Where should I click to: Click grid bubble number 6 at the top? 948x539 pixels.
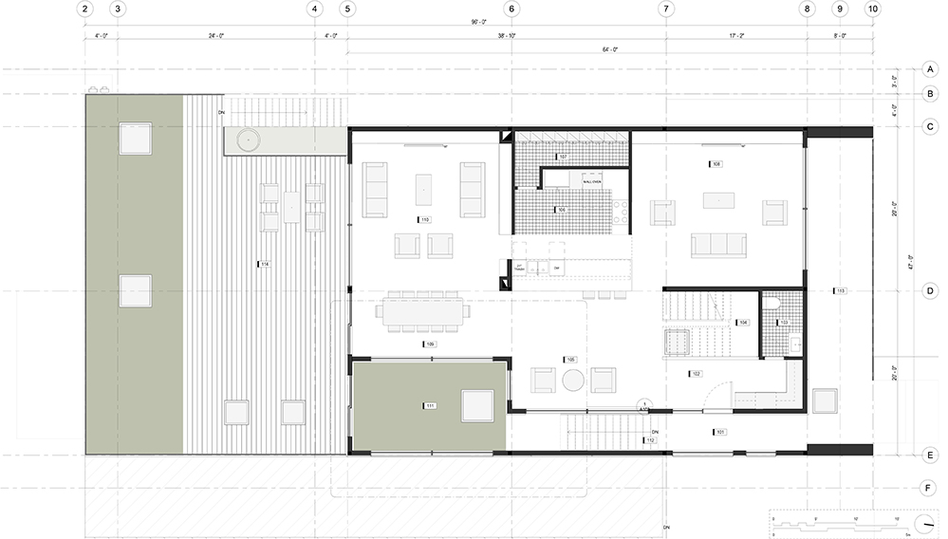coord(511,9)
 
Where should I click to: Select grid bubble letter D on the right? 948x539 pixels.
coord(930,291)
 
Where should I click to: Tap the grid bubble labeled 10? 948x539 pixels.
coord(872,9)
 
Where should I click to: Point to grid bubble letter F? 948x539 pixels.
coord(930,488)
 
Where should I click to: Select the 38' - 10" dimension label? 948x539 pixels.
coord(507,35)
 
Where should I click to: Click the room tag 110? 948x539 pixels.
coord(425,219)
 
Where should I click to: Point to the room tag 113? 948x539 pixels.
coord(839,290)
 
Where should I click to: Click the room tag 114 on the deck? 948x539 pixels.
coord(264,264)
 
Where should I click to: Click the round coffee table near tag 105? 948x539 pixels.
coord(573,381)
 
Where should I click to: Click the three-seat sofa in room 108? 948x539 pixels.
coord(718,245)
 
